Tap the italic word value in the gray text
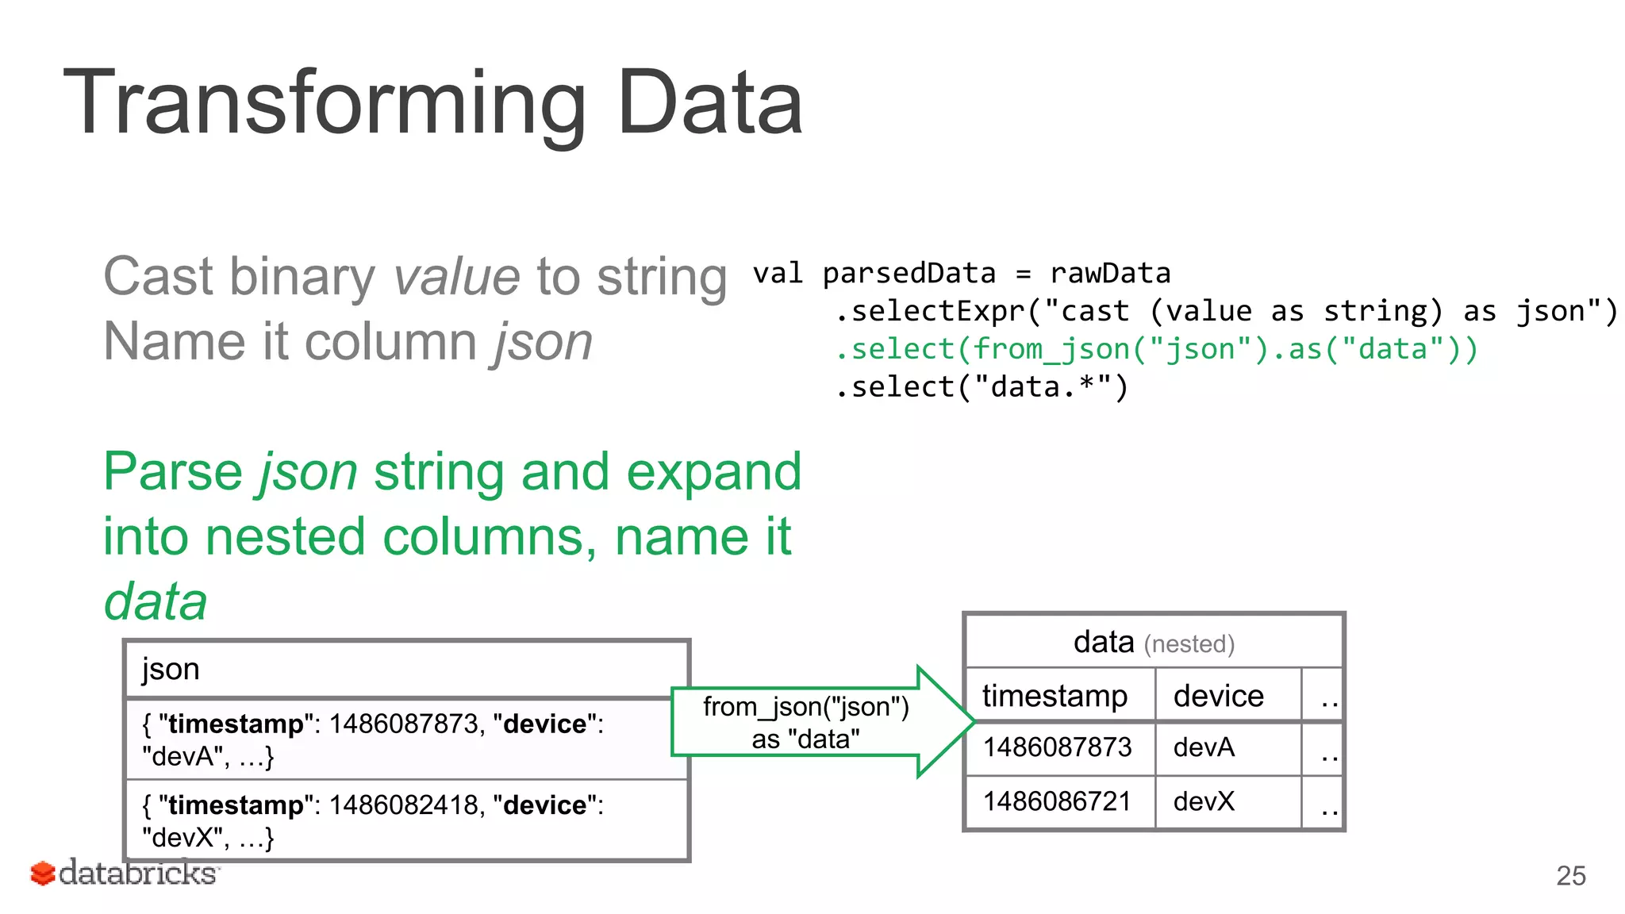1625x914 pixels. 456,277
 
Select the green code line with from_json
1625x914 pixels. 1156,349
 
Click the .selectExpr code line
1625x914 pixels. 1225,311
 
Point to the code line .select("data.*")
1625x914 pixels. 981,387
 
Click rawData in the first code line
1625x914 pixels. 1109,274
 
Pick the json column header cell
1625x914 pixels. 406,670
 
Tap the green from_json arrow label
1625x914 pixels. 805,723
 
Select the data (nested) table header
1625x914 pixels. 1153,642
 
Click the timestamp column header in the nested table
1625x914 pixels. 1055,696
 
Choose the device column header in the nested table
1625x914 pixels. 1218,696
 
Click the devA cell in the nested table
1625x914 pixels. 1204,747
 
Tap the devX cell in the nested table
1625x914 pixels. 1204,801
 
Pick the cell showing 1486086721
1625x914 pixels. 1056,801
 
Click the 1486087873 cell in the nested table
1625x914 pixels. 1056,747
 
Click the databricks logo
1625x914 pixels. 124,874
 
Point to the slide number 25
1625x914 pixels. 1570,876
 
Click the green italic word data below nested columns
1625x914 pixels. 156,601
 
